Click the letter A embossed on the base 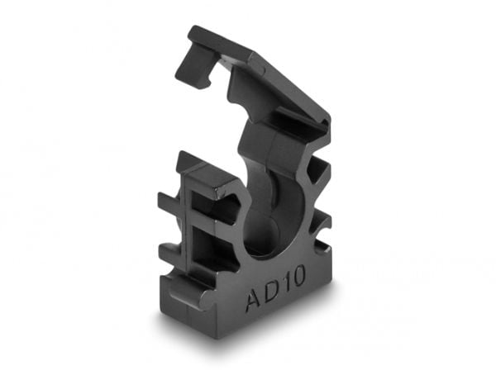tap(254, 299)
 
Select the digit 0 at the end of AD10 tap(298, 276)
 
